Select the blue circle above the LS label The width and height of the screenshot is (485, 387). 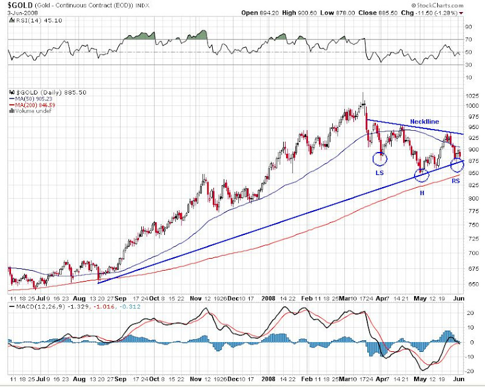coord(380,159)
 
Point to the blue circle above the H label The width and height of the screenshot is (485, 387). coord(421,176)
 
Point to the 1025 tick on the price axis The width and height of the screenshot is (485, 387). coord(471,95)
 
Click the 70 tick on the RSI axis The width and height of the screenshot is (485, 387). coord(469,39)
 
